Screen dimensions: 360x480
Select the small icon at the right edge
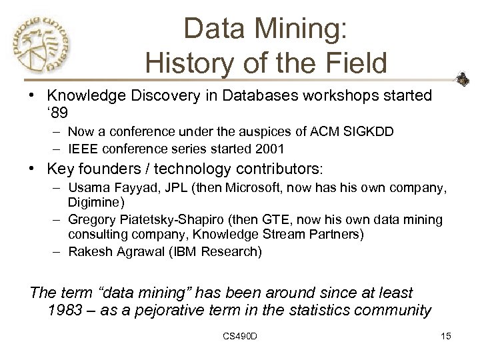point(461,83)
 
